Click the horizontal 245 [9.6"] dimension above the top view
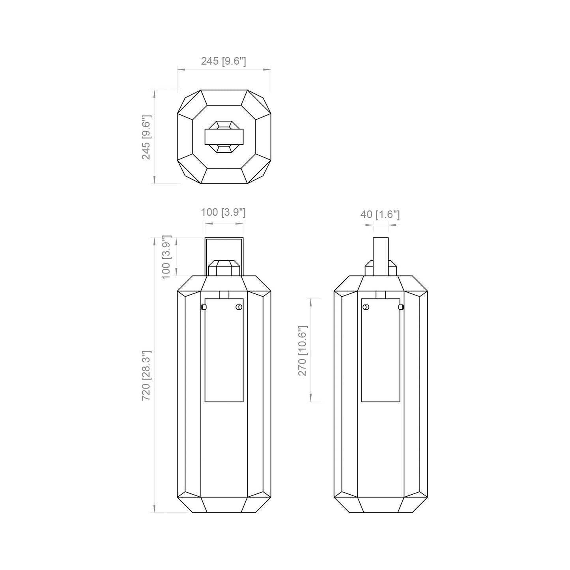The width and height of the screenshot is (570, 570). (223, 62)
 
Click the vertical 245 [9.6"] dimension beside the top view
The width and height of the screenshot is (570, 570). (146, 137)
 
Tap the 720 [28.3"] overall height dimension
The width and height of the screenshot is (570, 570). (146, 376)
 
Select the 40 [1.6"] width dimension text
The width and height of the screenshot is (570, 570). (380, 215)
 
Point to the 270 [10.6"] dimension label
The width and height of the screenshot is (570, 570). (303, 351)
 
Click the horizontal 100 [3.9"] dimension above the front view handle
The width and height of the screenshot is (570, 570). (223, 212)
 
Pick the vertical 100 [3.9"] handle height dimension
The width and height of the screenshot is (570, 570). (166, 257)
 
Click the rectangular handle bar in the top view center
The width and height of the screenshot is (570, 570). (224, 137)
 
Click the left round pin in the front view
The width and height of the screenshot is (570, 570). (204, 307)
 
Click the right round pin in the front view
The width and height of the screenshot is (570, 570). (238, 307)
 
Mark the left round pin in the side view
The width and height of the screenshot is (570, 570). (366, 307)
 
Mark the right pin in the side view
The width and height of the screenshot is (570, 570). (401, 307)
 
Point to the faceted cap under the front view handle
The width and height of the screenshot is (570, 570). (224, 267)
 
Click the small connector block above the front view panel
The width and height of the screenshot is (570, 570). (224, 295)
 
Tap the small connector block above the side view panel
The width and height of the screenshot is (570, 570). (380, 295)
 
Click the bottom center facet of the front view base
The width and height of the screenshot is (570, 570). (224, 505)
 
